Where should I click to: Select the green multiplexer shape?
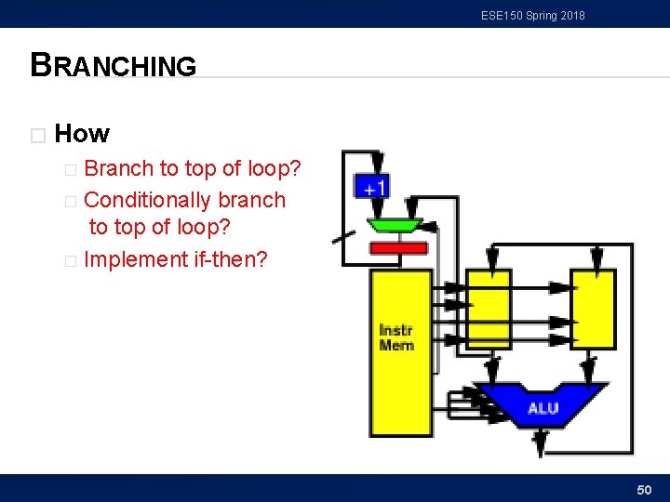[x=395, y=225]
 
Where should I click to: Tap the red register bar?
[x=398, y=248]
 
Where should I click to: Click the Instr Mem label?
[x=396, y=337]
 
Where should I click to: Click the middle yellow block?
[x=489, y=308]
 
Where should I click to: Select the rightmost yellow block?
[x=593, y=308]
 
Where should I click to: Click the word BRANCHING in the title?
[x=114, y=66]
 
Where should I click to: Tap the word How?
[x=82, y=134]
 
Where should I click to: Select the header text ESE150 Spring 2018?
[x=533, y=16]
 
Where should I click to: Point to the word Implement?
[x=135, y=259]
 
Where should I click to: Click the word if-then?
[x=230, y=259]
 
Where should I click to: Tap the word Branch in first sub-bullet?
[x=118, y=169]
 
